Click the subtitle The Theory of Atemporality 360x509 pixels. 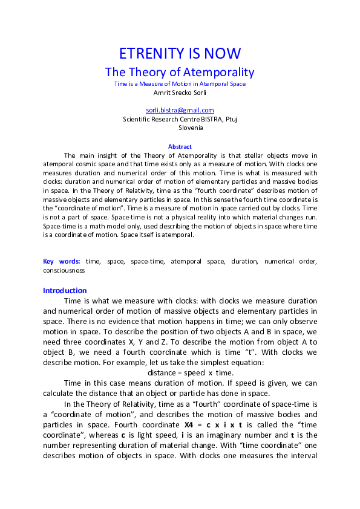coord(180,72)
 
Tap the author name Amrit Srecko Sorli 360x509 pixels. coord(180,92)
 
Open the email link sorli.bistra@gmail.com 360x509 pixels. coord(180,110)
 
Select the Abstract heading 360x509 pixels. coord(180,147)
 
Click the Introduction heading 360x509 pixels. coord(65,290)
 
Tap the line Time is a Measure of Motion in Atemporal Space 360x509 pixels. coord(180,84)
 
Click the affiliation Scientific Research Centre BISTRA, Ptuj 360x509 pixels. coord(180,119)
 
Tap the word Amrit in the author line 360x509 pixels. coord(163,92)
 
